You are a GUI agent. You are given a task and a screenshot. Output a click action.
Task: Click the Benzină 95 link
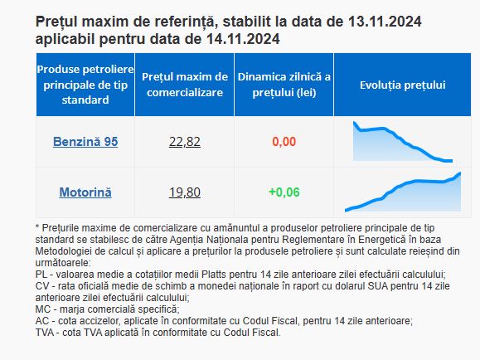tap(85, 142)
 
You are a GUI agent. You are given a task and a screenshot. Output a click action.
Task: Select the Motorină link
tap(85, 192)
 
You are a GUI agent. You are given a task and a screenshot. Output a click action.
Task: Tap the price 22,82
tap(185, 142)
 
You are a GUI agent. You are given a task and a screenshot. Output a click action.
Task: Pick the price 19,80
tap(185, 192)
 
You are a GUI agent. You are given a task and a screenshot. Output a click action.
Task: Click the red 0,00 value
tap(284, 142)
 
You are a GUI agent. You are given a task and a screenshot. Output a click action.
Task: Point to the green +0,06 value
tap(284, 192)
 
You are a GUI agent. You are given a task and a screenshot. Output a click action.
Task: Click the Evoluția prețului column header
tap(403, 85)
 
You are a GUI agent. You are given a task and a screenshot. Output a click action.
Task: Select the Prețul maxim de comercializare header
tap(185, 85)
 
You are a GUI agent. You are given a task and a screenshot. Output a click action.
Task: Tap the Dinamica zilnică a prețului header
tap(284, 85)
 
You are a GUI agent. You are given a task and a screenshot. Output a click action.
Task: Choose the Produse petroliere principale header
tap(85, 85)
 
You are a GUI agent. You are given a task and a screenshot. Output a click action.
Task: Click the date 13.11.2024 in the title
tap(385, 22)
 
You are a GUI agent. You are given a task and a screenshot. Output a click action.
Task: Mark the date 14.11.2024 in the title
tap(243, 39)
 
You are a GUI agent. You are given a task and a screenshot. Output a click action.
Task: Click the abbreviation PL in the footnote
tap(41, 275)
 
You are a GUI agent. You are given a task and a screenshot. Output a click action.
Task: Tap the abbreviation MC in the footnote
tap(42, 309)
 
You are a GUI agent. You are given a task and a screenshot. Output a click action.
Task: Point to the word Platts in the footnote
tap(214, 275)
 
